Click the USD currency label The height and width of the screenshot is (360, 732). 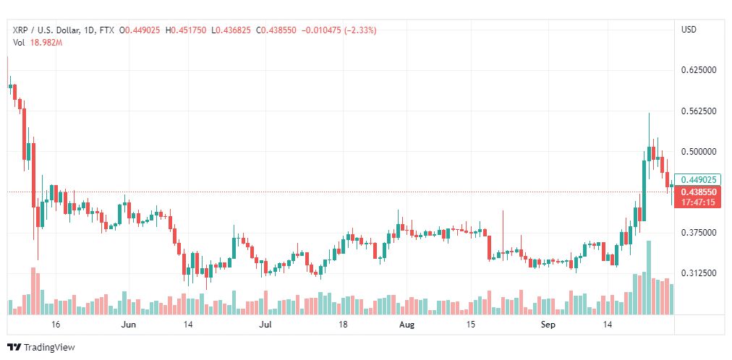(689, 30)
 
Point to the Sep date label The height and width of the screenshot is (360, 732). (548, 325)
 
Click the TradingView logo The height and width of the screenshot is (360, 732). (41, 348)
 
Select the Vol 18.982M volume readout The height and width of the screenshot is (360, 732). (38, 43)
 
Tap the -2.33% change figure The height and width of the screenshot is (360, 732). (360, 30)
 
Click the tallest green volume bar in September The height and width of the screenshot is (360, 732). (648, 278)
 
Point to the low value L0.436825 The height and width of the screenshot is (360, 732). (231, 30)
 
